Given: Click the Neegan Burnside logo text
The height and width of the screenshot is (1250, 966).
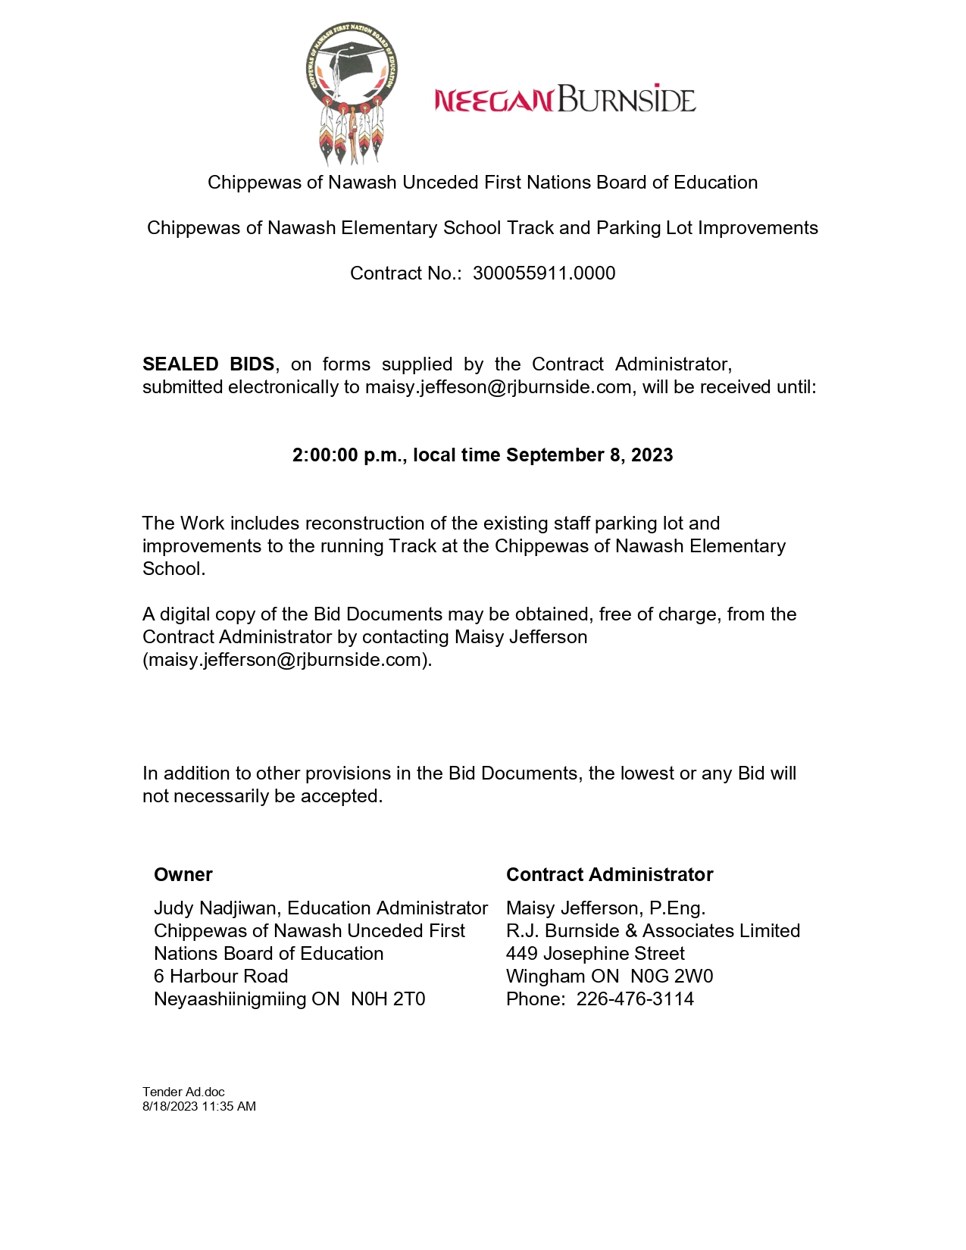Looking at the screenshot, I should pos(564,100).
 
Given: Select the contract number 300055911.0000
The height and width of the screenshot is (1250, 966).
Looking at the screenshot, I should pos(544,273).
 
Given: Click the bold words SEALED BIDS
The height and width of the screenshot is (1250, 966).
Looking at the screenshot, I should pos(208,364).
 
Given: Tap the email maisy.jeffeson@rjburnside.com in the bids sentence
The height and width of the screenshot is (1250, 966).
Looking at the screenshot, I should pos(498,387).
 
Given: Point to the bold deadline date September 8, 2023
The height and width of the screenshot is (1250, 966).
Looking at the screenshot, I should pos(589,455).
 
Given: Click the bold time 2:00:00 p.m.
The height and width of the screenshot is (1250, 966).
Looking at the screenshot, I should pos(349,455).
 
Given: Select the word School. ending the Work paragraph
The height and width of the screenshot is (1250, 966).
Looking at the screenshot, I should pos(174,569).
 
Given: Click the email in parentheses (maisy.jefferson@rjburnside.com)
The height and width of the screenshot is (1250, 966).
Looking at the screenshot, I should pos(287,660).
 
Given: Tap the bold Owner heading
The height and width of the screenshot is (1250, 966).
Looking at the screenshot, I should pos(183,875).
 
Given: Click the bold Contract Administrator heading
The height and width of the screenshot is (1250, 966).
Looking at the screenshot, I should pos(609,875).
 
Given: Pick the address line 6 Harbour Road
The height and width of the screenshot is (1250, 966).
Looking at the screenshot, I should pos(220,977).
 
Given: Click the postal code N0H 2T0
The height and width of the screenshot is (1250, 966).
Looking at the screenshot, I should pos(388,999).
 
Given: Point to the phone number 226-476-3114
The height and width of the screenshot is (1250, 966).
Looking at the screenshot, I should pos(635,999).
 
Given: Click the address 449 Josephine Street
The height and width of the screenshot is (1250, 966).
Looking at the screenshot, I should pos(595,954).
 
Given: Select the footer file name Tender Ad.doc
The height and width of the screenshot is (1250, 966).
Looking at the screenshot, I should pos(183,1092).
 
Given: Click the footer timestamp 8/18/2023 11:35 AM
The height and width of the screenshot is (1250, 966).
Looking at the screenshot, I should pos(199,1106).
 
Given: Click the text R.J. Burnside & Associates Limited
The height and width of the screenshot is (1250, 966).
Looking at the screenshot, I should pos(652,931).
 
